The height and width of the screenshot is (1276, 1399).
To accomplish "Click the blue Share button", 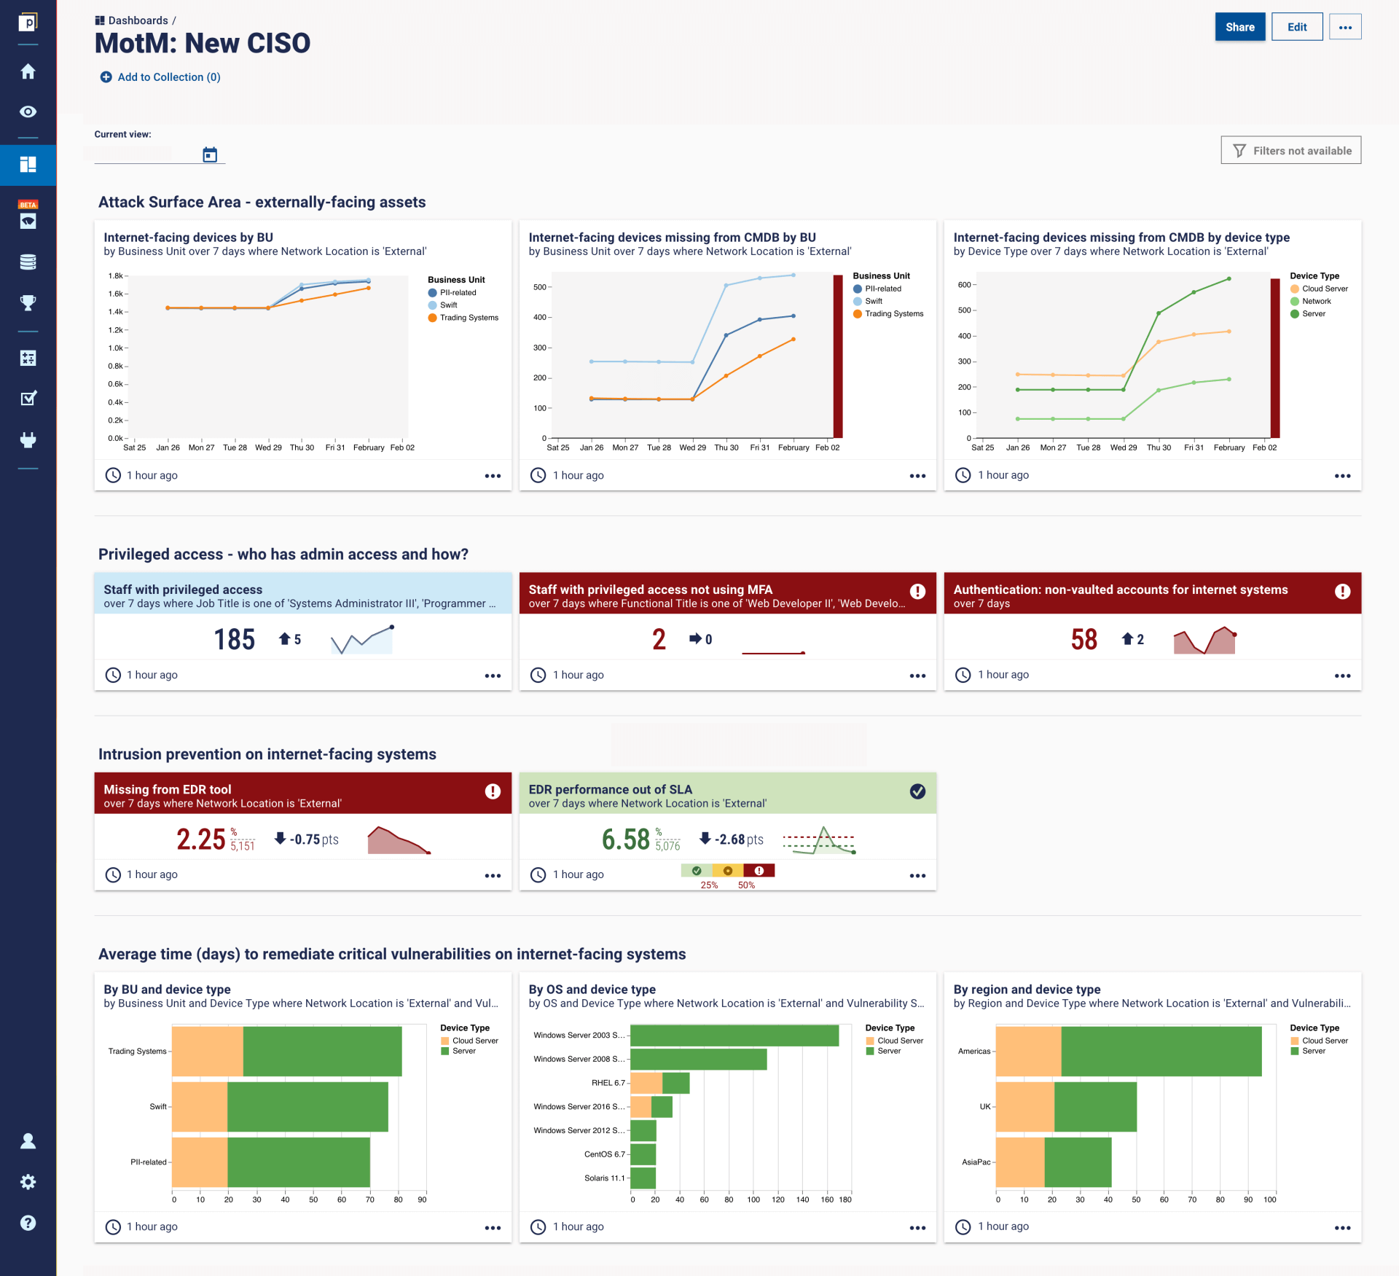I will pos(1239,27).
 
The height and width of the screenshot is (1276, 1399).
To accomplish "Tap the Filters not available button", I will pos(1290,151).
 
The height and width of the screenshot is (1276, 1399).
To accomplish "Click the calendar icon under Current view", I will pos(210,154).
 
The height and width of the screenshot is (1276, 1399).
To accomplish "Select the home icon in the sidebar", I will pos(28,71).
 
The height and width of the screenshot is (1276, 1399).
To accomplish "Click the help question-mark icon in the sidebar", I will pos(28,1223).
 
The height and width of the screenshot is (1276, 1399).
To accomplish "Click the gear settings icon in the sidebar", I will pos(28,1182).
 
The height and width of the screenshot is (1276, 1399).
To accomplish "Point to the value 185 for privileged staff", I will pos(234,640).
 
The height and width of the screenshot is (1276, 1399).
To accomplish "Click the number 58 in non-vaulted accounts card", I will pos(1083,640).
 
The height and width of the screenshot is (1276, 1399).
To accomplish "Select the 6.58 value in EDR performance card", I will pos(625,839).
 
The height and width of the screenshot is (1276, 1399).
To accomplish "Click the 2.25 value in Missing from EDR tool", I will pos(201,839).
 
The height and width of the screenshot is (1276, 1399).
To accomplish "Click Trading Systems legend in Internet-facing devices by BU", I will pos(468,318).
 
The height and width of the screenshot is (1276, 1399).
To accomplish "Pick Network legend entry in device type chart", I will pos(1316,301).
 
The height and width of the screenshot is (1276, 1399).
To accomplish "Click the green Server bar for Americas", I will pos(1161,1051).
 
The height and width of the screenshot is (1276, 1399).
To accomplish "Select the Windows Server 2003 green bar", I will pos(734,1036).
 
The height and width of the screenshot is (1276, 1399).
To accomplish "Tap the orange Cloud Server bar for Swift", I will pos(200,1106).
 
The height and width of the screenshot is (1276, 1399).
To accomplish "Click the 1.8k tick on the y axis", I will pos(115,276).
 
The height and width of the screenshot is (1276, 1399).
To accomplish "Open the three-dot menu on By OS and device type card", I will pos(917,1228).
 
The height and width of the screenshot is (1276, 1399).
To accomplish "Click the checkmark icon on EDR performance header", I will pos(917,791).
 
